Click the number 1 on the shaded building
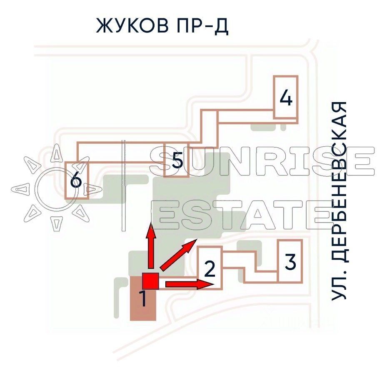pyautogui.click(x=143, y=299)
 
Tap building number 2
pyautogui.click(x=210, y=269)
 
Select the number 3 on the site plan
pyautogui.click(x=290, y=263)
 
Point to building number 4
pyautogui.click(x=285, y=98)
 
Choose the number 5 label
pyautogui.click(x=177, y=160)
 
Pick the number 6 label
pyautogui.click(x=76, y=181)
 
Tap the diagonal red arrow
pyautogui.click(x=177, y=255)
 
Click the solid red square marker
pyautogui.click(x=150, y=281)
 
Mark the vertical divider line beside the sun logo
pyautogui.click(x=122, y=185)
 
